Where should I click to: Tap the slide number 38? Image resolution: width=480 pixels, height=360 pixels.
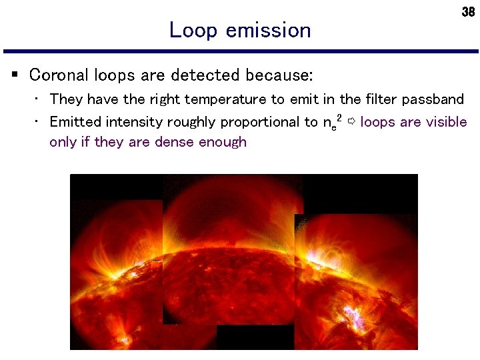pos(467,13)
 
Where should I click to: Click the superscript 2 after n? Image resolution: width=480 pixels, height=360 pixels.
pos(339,117)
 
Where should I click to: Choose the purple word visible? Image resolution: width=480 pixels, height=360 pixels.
pos(445,122)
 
